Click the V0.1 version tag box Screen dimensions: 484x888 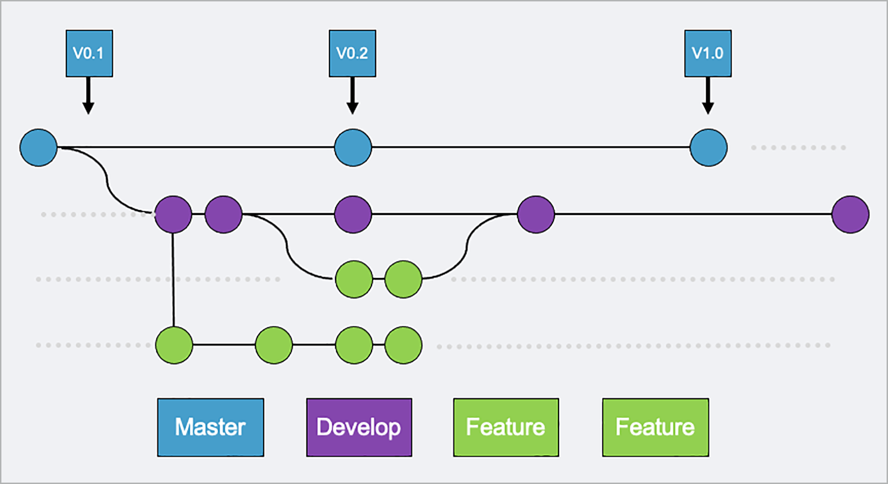pyautogui.click(x=89, y=53)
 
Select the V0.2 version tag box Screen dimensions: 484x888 pyautogui.click(x=352, y=53)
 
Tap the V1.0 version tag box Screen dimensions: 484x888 pyautogui.click(x=708, y=53)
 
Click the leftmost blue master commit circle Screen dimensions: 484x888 pyautogui.click(x=39, y=147)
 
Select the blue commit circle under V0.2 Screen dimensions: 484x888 pyautogui.click(x=353, y=147)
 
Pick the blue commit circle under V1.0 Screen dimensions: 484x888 pyautogui.click(x=708, y=147)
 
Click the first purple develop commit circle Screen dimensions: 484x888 pyautogui.click(x=173, y=214)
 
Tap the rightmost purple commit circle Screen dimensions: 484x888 pyautogui.click(x=850, y=214)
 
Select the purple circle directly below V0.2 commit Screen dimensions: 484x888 pyautogui.click(x=353, y=214)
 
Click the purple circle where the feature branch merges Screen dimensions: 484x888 pyautogui.click(x=536, y=214)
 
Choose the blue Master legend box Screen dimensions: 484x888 pyautogui.click(x=210, y=427)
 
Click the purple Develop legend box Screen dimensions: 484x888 pyautogui.click(x=359, y=427)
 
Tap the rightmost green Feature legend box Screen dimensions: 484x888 pyautogui.click(x=655, y=427)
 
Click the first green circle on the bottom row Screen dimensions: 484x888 pyautogui.click(x=174, y=345)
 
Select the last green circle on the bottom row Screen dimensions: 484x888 pyautogui.click(x=403, y=345)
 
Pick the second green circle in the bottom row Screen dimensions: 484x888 pyautogui.click(x=274, y=345)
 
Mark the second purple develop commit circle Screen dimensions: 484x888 pyautogui.click(x=223, y=214)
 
